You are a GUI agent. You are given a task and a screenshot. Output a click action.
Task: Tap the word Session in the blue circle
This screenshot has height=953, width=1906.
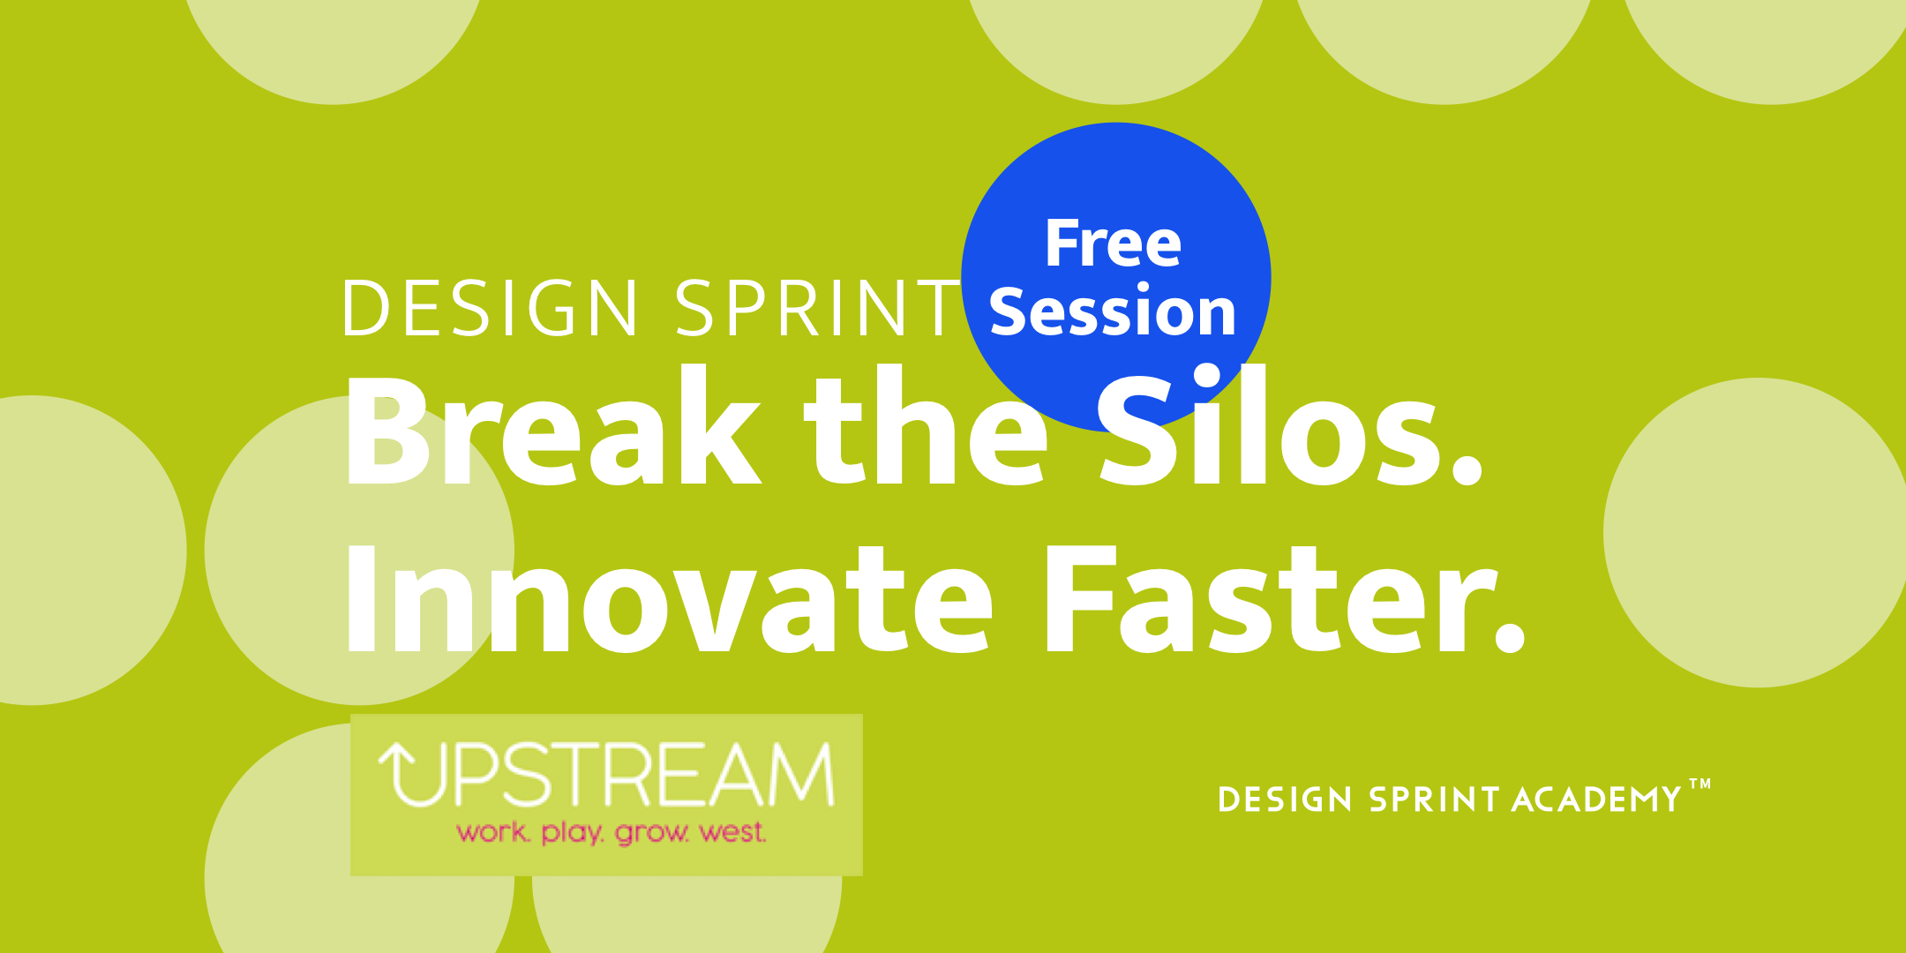(x=1113, y=311)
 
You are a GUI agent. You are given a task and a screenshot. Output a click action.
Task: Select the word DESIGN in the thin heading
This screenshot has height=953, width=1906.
(x=491, y=308)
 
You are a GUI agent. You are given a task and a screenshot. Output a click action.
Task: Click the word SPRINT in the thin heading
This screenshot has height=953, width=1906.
(x=818, y=308)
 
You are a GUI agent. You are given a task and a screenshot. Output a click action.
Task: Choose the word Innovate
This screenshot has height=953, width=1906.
(x=670, y=598)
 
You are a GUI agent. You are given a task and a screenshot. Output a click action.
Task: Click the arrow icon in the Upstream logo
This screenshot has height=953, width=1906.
(x=410, y=774)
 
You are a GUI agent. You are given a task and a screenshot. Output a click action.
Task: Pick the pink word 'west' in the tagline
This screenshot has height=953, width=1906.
(x=732, y=832)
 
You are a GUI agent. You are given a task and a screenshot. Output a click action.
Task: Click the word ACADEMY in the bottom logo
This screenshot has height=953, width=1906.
(x=1597, y=799)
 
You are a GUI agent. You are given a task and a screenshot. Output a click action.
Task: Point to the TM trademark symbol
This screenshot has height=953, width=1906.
(x=1700, y=784)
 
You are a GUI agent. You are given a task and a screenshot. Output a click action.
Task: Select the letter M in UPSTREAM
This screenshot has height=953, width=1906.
(x=799, y=774)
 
